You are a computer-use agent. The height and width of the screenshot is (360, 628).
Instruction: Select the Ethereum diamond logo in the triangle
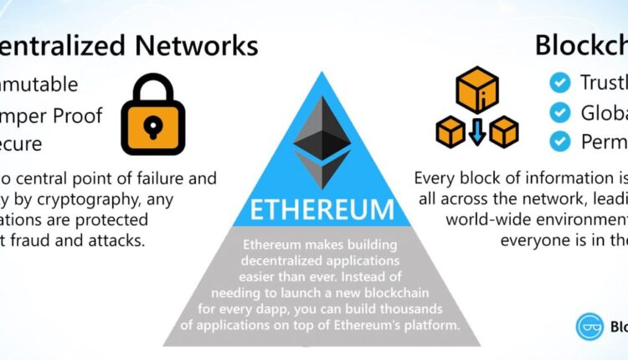click(x=322, y=143)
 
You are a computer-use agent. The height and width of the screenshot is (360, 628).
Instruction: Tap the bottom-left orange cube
click(x=450, y=131)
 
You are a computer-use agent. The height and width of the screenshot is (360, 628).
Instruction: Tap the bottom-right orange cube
click(x=502, y=131)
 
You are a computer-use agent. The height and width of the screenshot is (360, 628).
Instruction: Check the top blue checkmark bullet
click(x=559, y=82)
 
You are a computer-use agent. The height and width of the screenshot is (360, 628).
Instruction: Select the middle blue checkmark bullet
click(x=559, y=112)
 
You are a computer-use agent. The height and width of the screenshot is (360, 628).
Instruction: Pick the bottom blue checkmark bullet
click(x=559, y=141)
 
